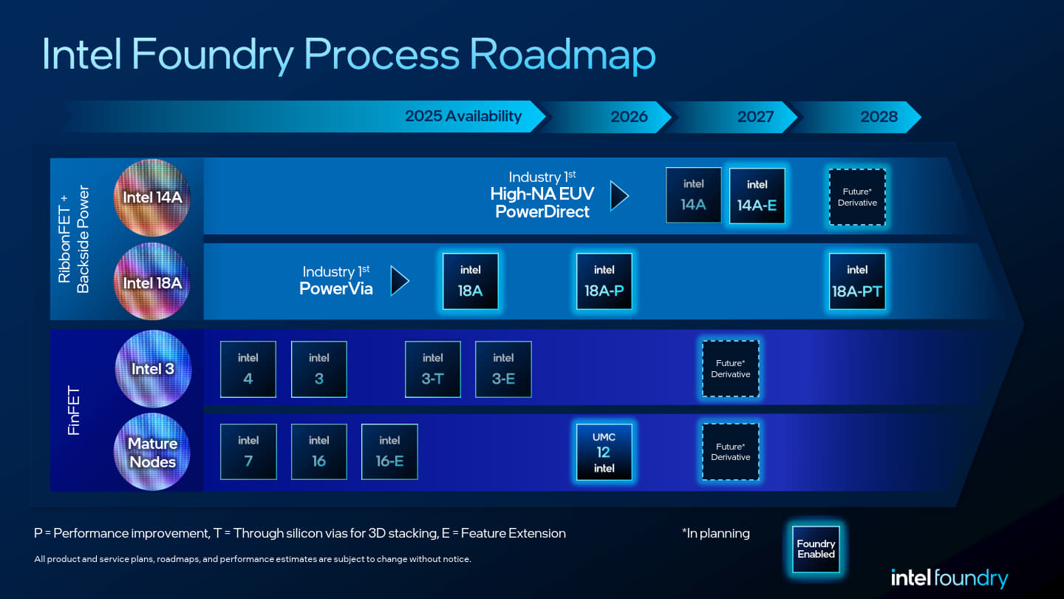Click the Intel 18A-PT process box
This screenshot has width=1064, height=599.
857,281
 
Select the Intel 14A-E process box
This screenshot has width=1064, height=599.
757,196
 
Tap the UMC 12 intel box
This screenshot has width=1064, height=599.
604,452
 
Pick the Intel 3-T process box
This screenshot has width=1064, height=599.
433,369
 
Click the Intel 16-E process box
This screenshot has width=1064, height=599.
389,452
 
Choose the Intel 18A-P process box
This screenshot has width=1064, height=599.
604,281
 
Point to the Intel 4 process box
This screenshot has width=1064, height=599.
248,369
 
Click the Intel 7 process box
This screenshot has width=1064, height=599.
248,452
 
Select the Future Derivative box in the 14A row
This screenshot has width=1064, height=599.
857,197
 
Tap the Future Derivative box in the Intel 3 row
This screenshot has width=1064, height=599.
731,369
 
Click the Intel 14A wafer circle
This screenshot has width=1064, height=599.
152,197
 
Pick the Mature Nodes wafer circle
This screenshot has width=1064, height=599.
152,452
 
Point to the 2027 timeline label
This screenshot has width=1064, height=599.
755,117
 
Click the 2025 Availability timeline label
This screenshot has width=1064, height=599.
463,117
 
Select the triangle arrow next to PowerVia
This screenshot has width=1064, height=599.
400,281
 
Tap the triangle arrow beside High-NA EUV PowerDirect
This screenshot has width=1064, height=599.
619,196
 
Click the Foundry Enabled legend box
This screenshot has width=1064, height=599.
816,549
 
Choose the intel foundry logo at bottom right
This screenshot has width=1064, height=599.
949,578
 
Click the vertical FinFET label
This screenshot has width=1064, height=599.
74,410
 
